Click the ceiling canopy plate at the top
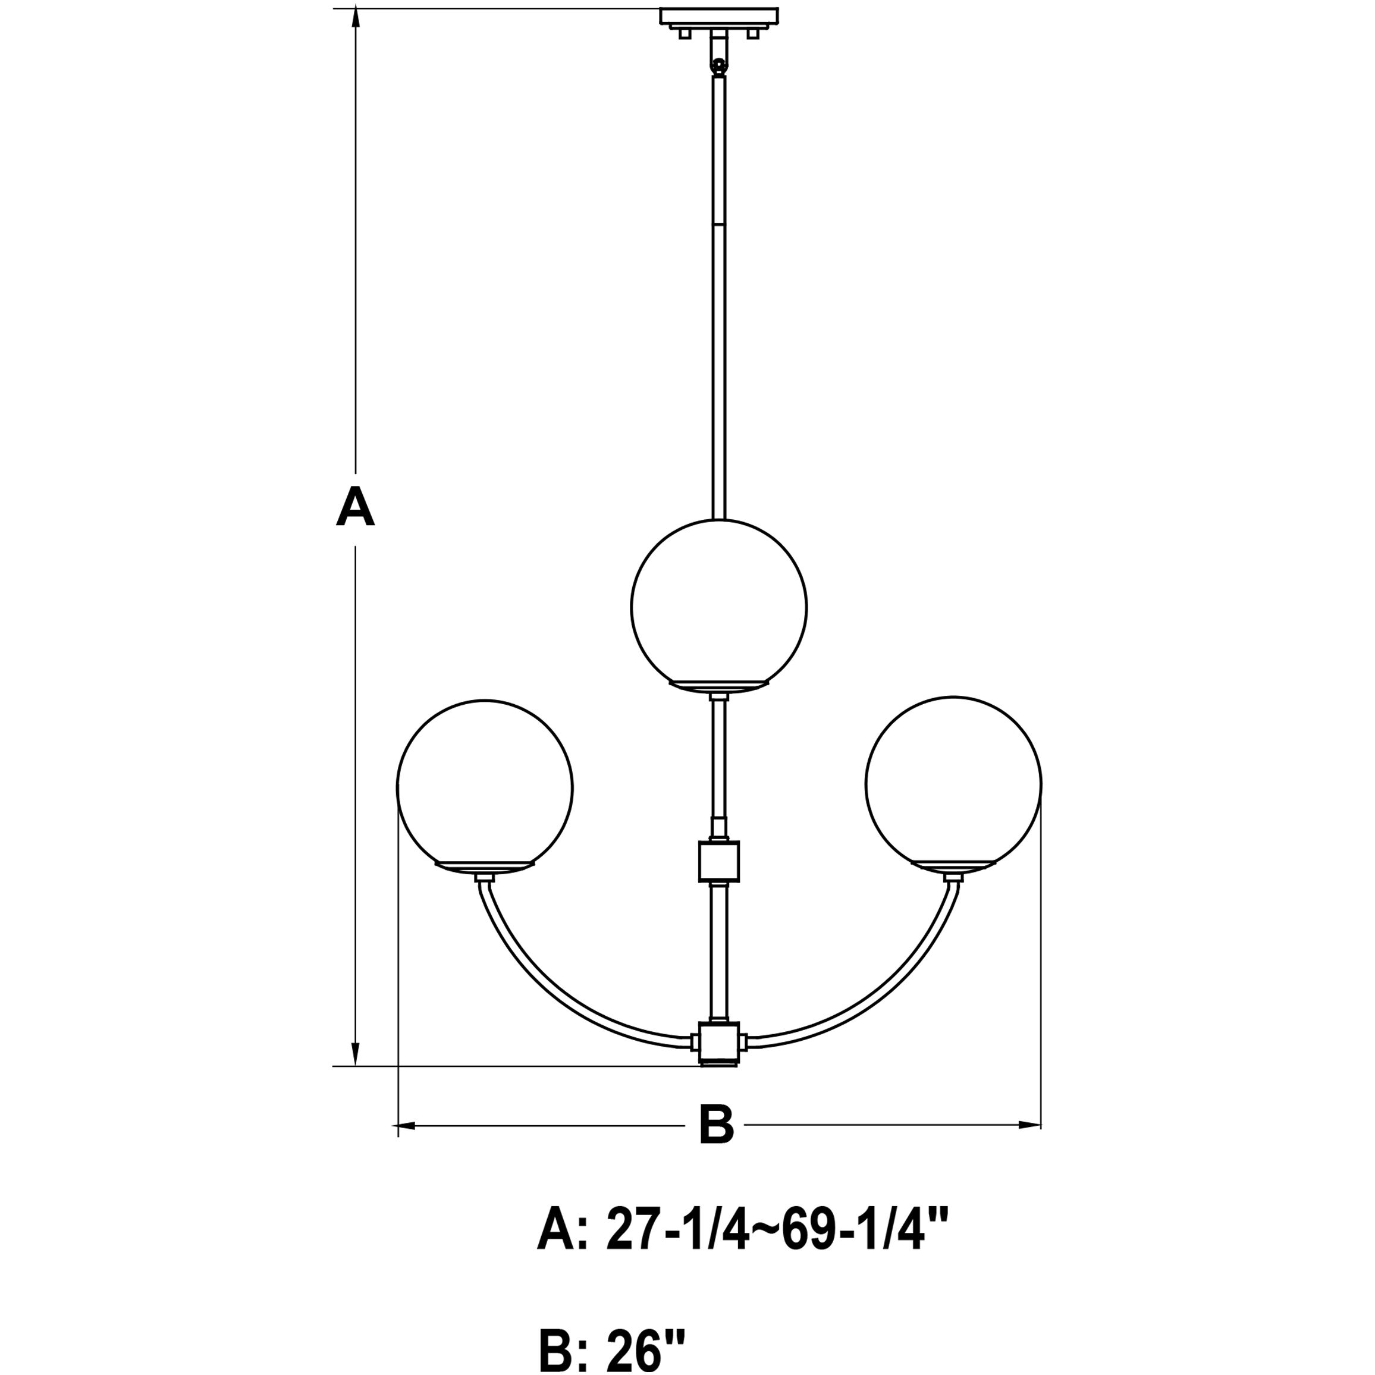tap(719, 15)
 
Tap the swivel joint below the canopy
tap(720, 66)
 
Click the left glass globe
tap(485, 786)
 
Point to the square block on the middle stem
tap(719, 861)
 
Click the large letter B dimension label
tap(716, 1125)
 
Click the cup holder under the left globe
tap(485, 867)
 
